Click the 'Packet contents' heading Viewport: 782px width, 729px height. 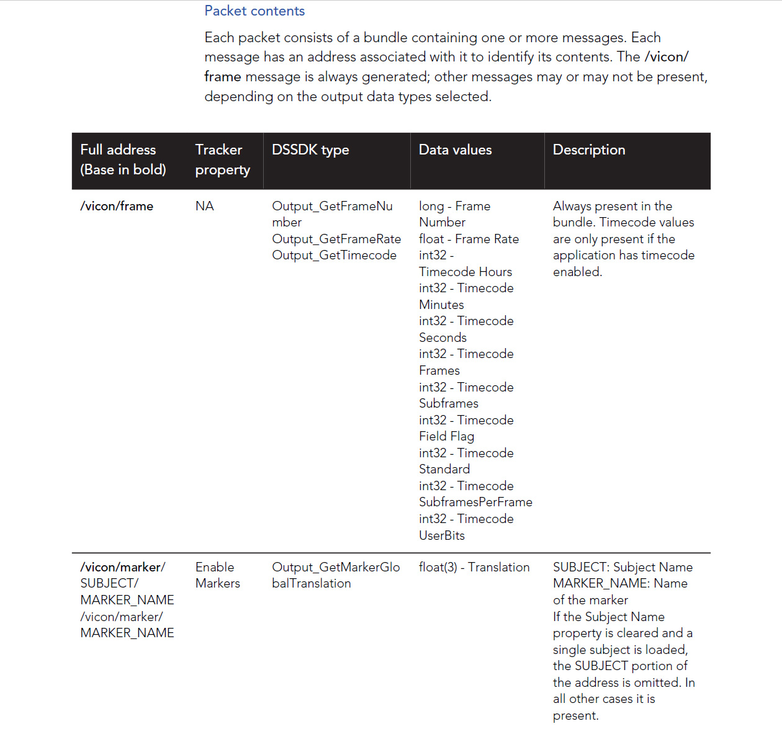(x=254, y=11)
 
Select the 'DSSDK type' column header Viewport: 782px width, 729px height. (x=310, y=150)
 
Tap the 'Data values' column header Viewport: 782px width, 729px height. (x=455, y=150)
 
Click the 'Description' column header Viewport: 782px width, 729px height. (x=589, y=150)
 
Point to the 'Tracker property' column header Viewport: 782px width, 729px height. (x=222, y=159)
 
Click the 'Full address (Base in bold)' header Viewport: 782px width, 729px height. (x=123, y=159)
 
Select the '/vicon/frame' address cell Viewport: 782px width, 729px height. (x=117, y=207)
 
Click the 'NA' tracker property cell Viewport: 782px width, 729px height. (x=204, y=207)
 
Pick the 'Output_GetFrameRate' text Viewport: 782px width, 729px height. (x=336, y=239)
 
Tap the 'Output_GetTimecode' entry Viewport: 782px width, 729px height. (x=334, y=256)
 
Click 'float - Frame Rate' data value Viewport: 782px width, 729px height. (x=469, y=239)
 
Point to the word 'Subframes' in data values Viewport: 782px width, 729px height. (x=449, y=404)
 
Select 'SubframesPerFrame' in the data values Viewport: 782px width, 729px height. (x=475, y=503)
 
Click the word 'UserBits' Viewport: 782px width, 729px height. (x=442, y=536)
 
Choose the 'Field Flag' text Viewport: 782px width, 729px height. (x=446, y=437)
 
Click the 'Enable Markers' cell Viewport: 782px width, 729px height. (x=217, y=575)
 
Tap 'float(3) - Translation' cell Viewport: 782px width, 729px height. (x=474, y=568)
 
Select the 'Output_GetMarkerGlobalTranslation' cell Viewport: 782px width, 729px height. (x=336, y=575)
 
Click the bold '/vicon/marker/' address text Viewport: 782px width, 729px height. (x=123, y=568)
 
